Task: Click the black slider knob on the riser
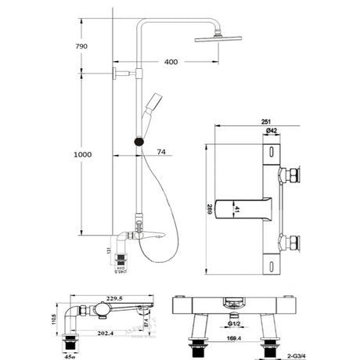coord(139,142)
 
